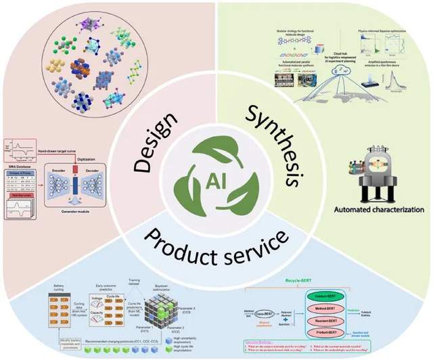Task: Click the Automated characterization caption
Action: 379,210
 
